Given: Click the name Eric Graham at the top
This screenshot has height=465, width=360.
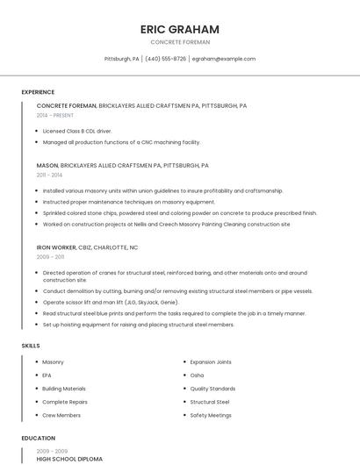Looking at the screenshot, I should click(180, 29).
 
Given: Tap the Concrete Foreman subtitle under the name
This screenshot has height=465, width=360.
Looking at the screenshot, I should click(180, 41).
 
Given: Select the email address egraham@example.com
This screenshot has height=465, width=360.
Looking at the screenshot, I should click(223, 59).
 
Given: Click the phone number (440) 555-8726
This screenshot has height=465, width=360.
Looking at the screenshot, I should click(165, 59).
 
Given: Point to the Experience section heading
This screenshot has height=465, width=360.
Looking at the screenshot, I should click(38, 92).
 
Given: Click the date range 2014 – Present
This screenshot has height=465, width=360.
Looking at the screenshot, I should click(55, 115).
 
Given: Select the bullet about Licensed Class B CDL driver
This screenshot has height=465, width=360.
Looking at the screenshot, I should click(77, 131).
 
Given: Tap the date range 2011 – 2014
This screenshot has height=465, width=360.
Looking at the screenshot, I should click(49, 175).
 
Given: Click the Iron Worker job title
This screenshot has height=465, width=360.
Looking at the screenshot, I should click(56, 247).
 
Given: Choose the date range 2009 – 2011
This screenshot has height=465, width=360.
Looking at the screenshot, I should click(50, 257).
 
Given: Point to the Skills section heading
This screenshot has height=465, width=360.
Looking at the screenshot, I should click(31, 346).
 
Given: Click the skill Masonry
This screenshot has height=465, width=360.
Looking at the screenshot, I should click(53, 361).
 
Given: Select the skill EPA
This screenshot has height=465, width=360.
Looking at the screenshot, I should click(47, 375).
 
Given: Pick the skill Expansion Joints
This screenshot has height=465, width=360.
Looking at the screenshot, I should click(211, 361).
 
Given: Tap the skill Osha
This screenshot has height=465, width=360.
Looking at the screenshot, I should click(197, 375).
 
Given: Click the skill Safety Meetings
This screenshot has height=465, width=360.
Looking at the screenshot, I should click(211, 415).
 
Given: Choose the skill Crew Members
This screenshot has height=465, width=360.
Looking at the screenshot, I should click(61, 415).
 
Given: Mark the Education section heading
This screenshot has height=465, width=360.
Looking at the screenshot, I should click(38, 437).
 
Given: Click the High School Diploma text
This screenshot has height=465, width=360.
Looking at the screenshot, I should click(69, 459).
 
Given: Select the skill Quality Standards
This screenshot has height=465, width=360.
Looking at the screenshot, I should click(212, 388).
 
